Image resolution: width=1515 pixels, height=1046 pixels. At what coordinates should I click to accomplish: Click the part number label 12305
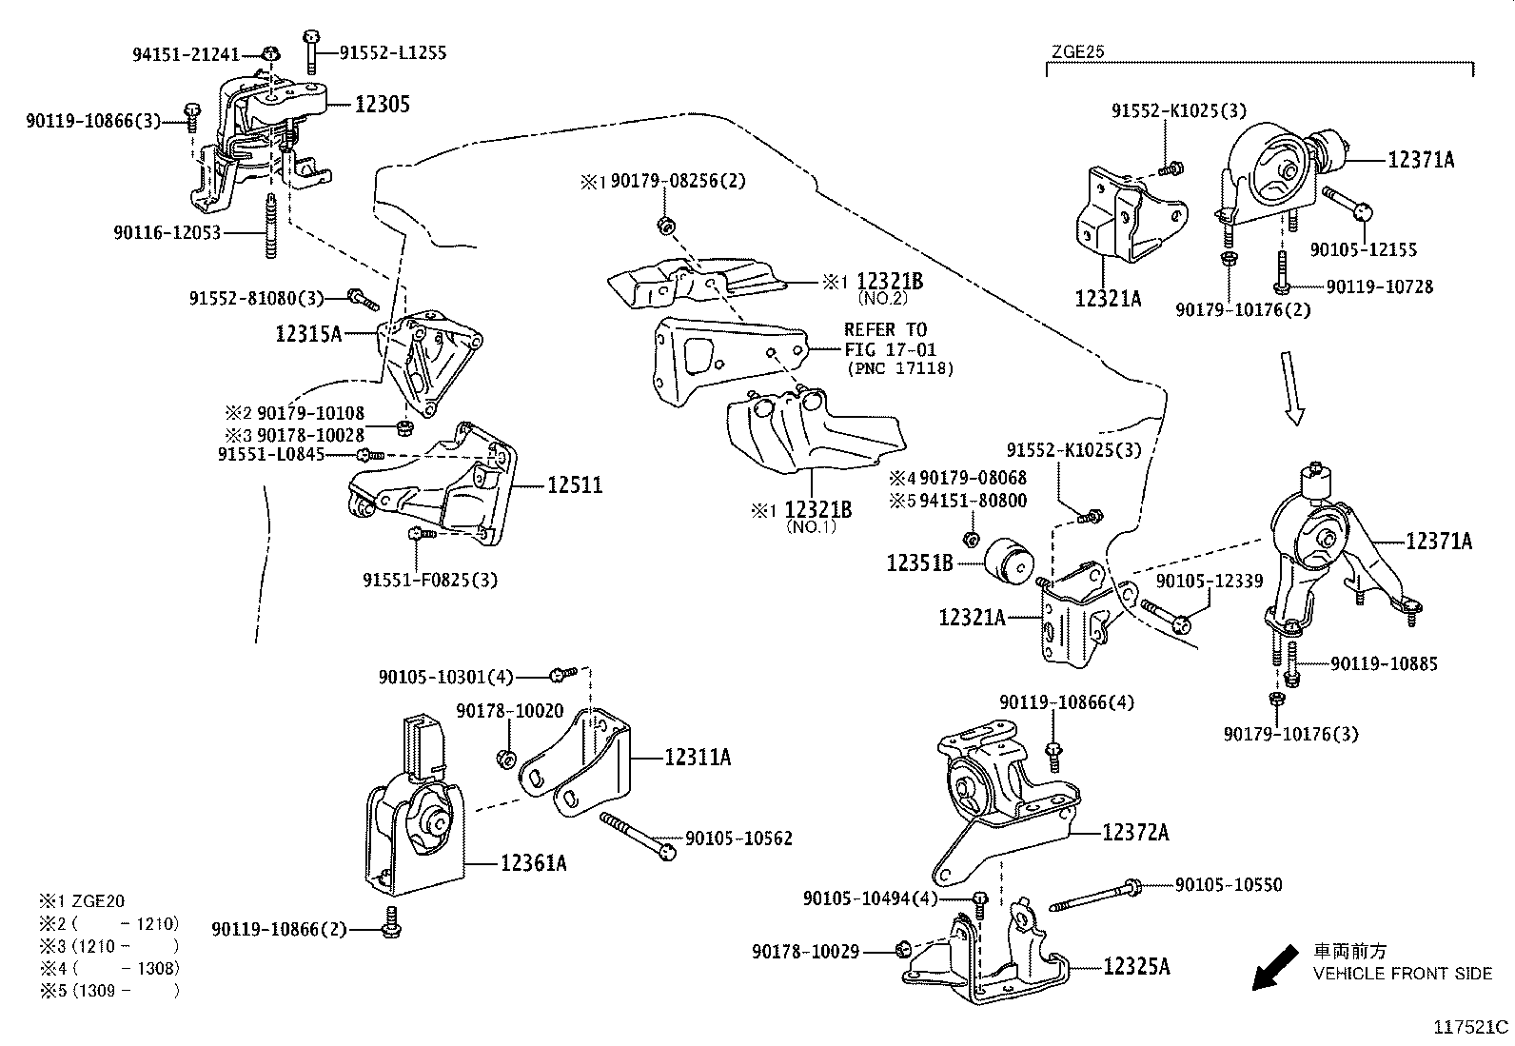point(383,104)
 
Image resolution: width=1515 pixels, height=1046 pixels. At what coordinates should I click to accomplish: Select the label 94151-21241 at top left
point(186,55)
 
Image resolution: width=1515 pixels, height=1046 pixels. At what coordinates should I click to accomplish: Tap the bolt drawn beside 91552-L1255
point(311,51)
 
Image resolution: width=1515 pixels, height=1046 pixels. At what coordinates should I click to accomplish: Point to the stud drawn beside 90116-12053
point(270,227)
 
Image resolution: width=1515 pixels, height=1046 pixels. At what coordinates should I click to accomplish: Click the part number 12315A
point(307,334)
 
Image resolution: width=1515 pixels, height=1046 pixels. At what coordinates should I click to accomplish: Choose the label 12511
point(575,485)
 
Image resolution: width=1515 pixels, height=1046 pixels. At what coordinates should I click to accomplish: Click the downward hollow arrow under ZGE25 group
point(1291,386)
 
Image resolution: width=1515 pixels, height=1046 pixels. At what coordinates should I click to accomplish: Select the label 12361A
point(534,863)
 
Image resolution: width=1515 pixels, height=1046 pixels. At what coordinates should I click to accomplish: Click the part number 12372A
point(1135,833)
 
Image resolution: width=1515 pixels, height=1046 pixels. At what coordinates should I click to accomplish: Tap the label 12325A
point(1136,967)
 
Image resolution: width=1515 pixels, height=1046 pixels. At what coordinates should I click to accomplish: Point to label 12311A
point(698,758)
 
